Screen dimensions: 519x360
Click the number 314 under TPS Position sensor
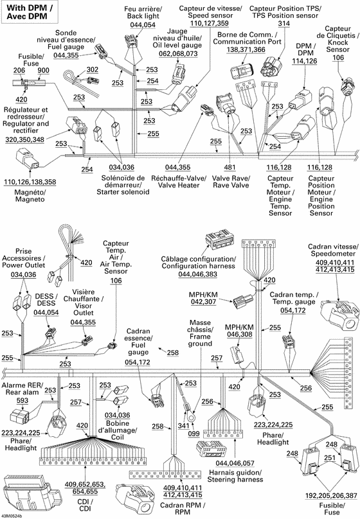coord(283,23)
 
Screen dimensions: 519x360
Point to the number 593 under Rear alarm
coord(22,401)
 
